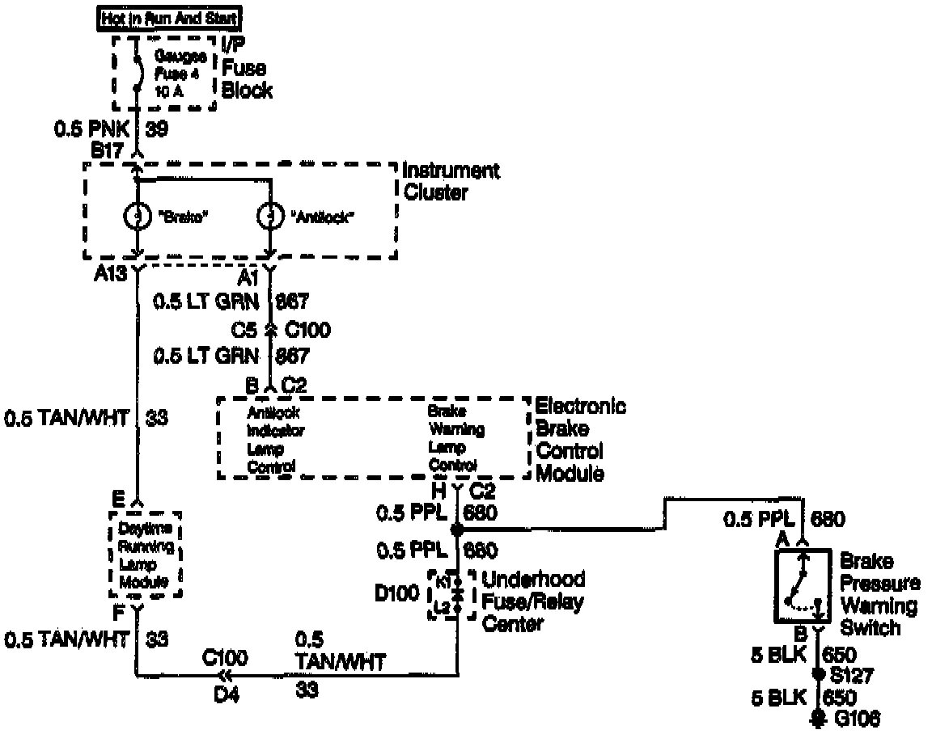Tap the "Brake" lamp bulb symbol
coord(137,217)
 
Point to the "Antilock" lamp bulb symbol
coord(270,217)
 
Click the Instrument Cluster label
coord(450,181)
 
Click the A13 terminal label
coord(109,276)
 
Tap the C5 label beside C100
coord(244,330)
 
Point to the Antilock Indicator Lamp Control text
coord(276,439)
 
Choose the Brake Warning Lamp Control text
coord(457,439)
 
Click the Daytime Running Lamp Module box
coord(145,555)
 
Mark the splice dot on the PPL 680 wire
coord(456,530)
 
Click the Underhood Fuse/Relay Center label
coord(533,601)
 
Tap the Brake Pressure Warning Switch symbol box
coord(803,587)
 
